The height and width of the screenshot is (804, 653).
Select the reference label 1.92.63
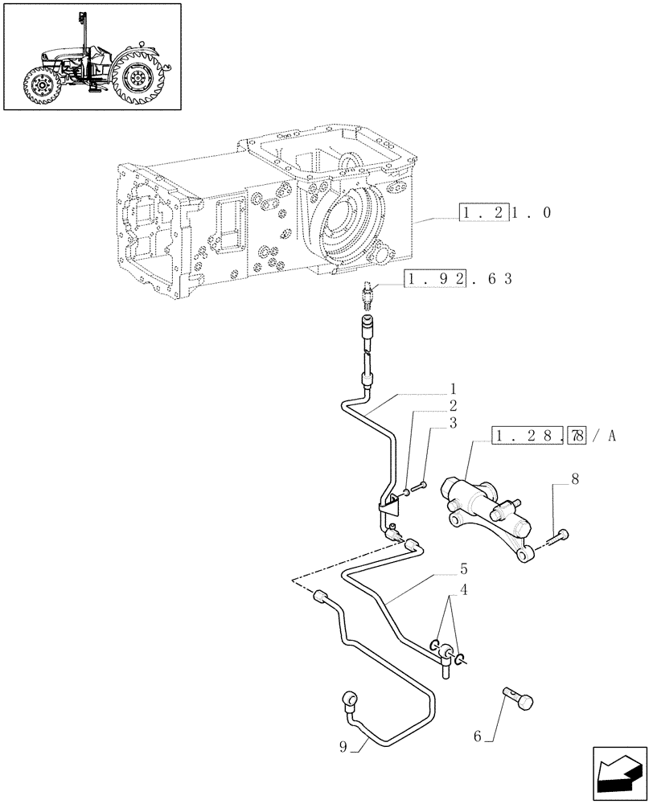458,279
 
